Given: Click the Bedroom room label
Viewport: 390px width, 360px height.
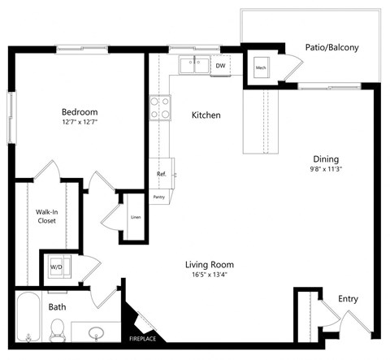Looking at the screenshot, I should [80, 112].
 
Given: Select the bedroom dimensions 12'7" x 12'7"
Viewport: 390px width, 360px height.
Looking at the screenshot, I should [80, 124].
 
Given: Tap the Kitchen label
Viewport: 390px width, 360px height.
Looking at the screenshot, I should [206, 115].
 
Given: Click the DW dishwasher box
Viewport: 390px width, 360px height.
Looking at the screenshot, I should [220, 66].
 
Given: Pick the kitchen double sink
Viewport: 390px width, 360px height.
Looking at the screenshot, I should [195, 66].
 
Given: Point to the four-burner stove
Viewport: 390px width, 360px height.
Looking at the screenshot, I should [159, 107].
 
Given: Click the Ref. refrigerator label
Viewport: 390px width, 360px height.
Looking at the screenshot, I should [161, 175].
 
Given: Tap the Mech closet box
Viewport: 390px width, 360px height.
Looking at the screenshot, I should [261, 68].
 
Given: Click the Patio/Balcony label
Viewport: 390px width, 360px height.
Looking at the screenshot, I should [332, 47].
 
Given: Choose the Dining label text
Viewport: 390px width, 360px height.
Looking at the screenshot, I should [326, 159].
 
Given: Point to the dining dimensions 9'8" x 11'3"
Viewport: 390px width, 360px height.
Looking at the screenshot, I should [326, 171].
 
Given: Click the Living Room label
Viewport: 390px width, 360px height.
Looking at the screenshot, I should [209, 264].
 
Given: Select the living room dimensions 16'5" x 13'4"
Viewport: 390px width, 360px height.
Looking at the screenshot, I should [209, 275].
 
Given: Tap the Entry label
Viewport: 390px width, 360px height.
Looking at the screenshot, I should [348, 299].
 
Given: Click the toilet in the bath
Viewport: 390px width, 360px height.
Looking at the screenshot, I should [58, 329].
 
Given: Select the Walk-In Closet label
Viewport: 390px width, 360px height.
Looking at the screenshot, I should [45, 216].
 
